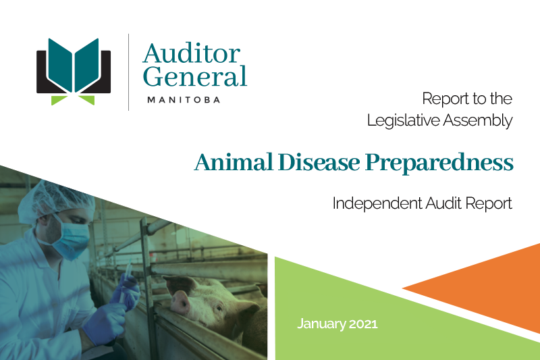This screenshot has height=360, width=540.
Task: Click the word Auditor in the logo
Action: pos(192,53)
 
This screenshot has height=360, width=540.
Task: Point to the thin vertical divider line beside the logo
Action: pos(129,72)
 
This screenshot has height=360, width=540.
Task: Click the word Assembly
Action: pos(480,122)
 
